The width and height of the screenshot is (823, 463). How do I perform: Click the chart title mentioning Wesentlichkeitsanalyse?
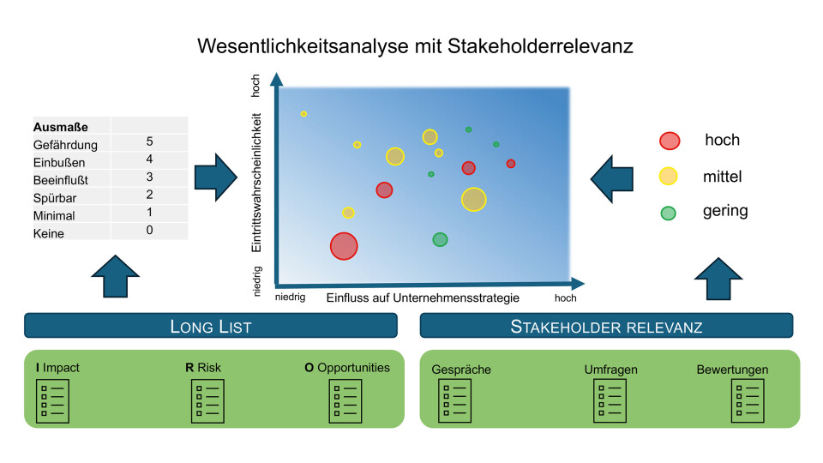(x=415, y=45)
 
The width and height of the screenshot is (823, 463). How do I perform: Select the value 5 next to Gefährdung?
(x=149, y=141)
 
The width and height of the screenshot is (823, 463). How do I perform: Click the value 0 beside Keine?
(x=149, y=230)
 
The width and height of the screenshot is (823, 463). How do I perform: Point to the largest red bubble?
(x=344, y=246)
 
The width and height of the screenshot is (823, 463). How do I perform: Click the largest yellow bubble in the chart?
(x=473, y=199)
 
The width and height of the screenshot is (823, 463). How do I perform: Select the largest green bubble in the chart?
(x=440, y=239)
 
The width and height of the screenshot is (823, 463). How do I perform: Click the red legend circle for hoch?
(x=670, y=141)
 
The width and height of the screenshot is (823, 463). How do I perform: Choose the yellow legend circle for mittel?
(x=669, y=177)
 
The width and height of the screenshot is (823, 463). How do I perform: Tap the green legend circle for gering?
(x=669, y=213)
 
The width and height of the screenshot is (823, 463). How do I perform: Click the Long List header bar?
(x=211, y=326)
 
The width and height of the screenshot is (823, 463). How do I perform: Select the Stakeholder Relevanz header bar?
(x=606, y=326)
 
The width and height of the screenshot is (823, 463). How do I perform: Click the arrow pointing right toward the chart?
(x=215, y=177)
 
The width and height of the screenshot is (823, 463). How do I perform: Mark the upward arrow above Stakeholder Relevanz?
(x=717, y=278)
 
